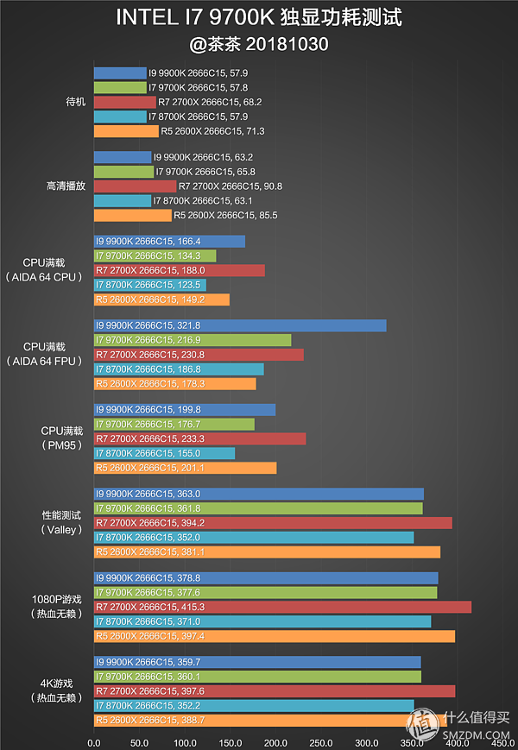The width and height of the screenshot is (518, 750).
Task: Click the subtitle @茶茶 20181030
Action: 258,43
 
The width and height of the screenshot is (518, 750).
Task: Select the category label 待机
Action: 76,102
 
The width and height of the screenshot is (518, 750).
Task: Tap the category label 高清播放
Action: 65,186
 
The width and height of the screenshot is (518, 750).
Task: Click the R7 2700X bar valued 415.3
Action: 281,607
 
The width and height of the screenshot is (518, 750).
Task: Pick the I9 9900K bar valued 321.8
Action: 239,325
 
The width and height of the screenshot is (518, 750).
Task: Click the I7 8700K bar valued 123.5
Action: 148,285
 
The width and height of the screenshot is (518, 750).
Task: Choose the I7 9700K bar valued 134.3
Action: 154,255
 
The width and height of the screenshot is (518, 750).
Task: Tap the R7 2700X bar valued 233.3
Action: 199,438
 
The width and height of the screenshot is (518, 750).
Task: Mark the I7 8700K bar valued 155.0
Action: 163,453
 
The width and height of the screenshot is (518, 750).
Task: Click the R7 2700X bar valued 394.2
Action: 272,523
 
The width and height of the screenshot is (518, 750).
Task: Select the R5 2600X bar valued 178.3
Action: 174,383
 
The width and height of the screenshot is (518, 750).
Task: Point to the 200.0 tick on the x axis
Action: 275,741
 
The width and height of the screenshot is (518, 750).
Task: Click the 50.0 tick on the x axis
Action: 139,741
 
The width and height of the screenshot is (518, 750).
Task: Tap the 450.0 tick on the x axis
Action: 502,741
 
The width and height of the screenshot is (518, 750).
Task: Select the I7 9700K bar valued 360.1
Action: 256,677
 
